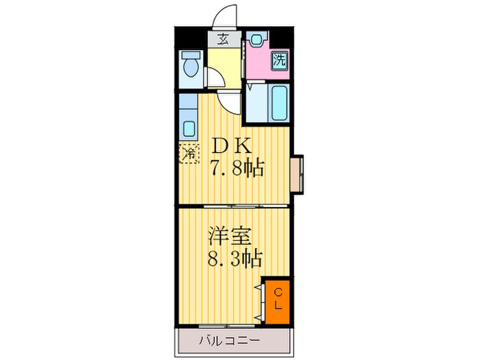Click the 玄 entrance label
224,38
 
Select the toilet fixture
190,67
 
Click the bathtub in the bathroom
278,103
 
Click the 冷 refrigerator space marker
189,153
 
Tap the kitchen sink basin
189,128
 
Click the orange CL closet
278,299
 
